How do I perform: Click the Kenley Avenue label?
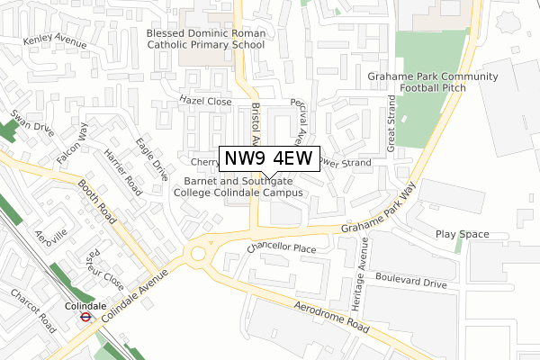(x=56, y=42)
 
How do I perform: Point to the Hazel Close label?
(x=205, y=102)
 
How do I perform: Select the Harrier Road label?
(x=121, y=172)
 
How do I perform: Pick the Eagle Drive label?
(x=152, y=158)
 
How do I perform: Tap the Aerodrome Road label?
(x=332, y=316)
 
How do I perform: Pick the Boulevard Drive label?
(x=411, y=283)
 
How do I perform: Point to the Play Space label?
(x=463, y=234)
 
